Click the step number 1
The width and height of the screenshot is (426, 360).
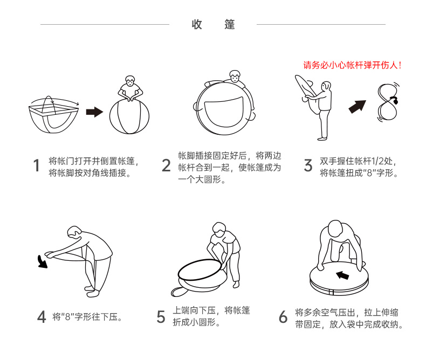point(37,165)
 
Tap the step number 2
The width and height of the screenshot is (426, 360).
point(166,165)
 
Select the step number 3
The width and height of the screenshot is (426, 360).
point(308,165)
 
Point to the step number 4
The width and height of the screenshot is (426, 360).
point(42,317)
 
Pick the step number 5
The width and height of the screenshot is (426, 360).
point(161,317)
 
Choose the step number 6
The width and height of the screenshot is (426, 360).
point(283,317)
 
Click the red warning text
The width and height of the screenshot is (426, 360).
point(352,65)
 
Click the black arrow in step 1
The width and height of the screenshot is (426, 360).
point(94,112)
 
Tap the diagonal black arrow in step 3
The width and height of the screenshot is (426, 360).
point(358,106)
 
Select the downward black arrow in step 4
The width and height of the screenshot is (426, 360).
point(43,261)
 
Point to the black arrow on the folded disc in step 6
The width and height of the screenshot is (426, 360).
point(342,275)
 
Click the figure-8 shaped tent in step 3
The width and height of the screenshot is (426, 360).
point(388,102)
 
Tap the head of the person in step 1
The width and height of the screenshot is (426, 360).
point(130,81)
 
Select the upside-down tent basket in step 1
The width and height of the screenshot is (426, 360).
point(53,115)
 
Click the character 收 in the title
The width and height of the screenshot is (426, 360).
point(197,24)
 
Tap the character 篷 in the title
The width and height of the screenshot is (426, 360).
point(230,24)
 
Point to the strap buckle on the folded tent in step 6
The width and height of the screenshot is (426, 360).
point(331,293)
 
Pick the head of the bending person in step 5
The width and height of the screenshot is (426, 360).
point(219,230)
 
